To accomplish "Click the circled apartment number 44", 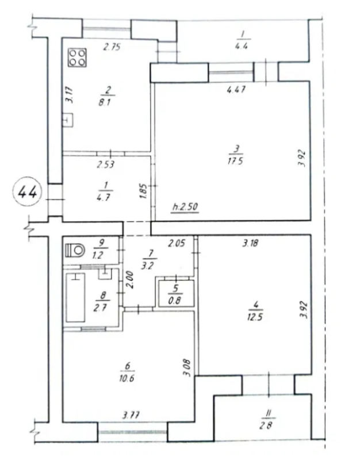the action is pyautogui.click(x=28, y=193).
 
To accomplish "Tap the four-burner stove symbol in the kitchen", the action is pyautogui.click(x=78, y=57).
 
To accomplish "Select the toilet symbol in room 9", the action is pyautogui.click(x=75, y=250).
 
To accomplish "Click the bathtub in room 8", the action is pyautogui.click(x=75, y=297).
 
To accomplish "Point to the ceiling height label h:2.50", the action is pyautogui.click(x=185, y=208).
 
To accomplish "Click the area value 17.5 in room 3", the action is pyautogui.click(x=236, y=162).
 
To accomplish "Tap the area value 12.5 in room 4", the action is pyautogui.click(x=254, y=317).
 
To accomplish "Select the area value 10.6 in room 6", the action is pyautogui.click(x=127, y=378).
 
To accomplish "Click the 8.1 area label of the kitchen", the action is pyautogui.click(x=105, y=103).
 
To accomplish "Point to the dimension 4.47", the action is pyautogui.click(x=236, y=89).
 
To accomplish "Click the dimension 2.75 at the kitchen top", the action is pyautogui.click(x=112, y=47).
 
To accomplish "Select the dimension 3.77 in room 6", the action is pyautogui.click(x=131, y=415).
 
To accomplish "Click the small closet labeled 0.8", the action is pyautogui.click(x=176, y=294).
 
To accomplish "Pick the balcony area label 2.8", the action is pyautogui.click(x=266, y=425).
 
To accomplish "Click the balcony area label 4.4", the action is pyautogui.click(x=242, y=46).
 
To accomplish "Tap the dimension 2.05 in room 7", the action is pyautogui.click(x=177, y=243).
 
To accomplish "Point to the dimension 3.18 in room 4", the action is pyautogui.click(x=250, y=243).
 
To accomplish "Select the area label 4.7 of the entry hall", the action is pyautogui.click(x=104, y=197).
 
